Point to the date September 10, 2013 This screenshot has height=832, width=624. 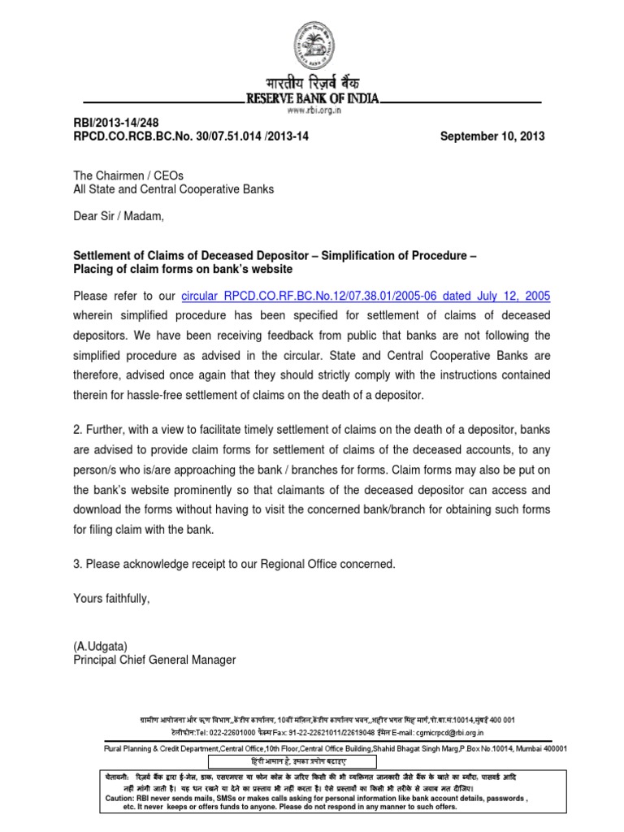[492, 136]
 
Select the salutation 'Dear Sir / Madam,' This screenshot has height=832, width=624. [119, 217]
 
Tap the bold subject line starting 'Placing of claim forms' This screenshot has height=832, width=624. [183, 270]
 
